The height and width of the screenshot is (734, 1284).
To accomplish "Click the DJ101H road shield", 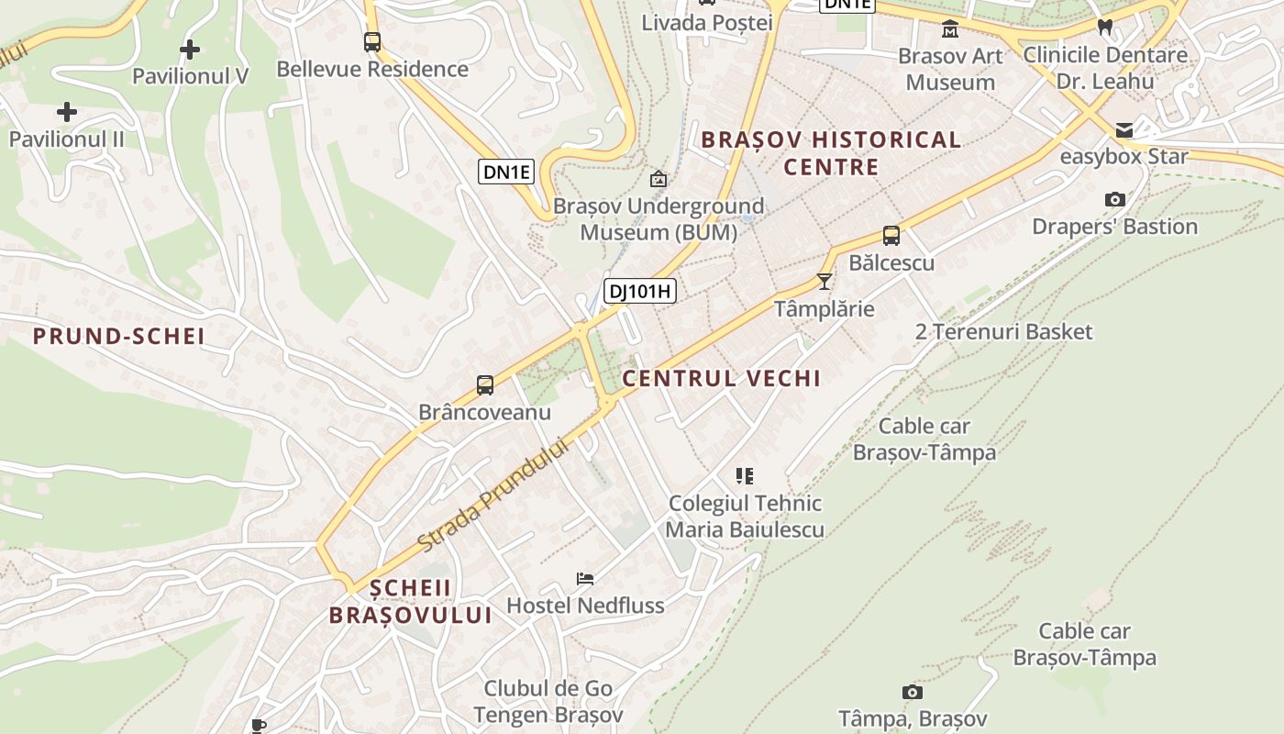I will click(x=640, y=292).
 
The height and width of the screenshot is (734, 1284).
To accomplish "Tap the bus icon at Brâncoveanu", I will click(x=485, y=385).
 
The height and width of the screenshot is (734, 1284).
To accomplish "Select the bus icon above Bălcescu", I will click(x=891, y=236).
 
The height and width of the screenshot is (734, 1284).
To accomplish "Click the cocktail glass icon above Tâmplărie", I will click(x=825, y=281).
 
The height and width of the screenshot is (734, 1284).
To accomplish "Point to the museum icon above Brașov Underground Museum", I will click(x=658, y=179).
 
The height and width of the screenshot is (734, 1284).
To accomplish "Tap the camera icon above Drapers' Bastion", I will click(x=1115, y=199).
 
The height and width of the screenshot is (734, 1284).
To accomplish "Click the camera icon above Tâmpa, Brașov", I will click(x=912, y=692).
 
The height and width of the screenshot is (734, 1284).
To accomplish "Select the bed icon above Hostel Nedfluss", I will click(x=585, y=578).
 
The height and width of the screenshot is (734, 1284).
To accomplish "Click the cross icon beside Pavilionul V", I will click(x=190, y=49).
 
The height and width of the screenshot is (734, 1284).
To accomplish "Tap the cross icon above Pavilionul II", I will click(x=66, y=113).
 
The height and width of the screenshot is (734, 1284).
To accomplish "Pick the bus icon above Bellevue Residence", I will click(x=371, y=41).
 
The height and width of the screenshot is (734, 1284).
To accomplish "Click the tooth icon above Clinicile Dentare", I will click(x=1105, y=27).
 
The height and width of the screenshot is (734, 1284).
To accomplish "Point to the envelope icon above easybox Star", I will click(x=1124, y=129).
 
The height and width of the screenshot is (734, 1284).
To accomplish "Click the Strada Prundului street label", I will click(x=493, y=494).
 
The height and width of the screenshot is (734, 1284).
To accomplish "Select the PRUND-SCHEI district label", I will click(x=119, y=336).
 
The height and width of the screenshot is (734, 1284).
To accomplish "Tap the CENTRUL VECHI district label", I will click(x=721, y=378).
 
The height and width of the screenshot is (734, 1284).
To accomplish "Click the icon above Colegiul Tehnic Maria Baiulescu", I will click(x=745, y=475).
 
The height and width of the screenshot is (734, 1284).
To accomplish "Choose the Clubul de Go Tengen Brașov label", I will click(x=548, y=701).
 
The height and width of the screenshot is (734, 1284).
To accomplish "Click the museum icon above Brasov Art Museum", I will click(x=950, y=29).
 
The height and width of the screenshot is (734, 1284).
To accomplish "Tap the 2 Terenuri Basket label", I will click(x=1003, y=331).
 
